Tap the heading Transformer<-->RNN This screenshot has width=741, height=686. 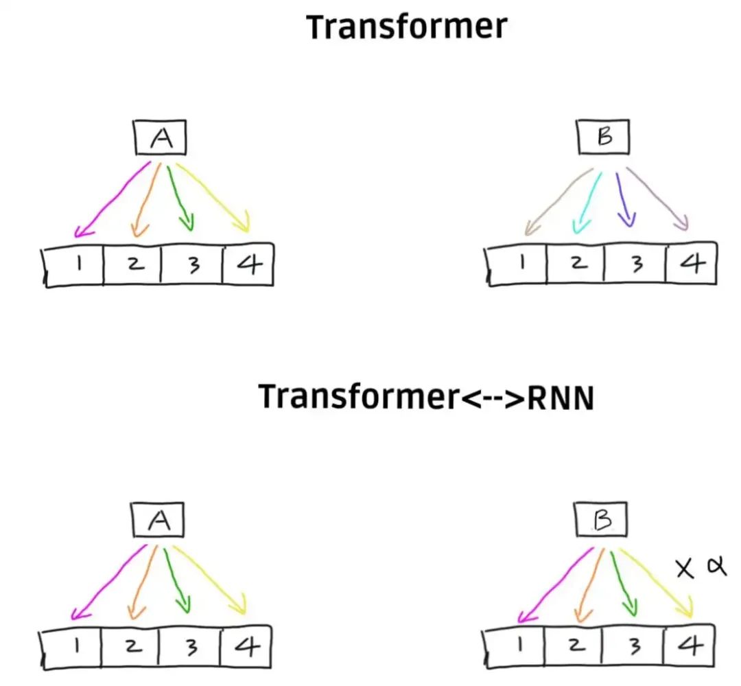(x=425, y=397)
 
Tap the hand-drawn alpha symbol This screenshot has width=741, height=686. (x=715, y=567)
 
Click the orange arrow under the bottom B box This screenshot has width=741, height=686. (x=589, y=581)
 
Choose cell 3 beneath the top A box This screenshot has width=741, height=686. (x=192, y=264)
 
